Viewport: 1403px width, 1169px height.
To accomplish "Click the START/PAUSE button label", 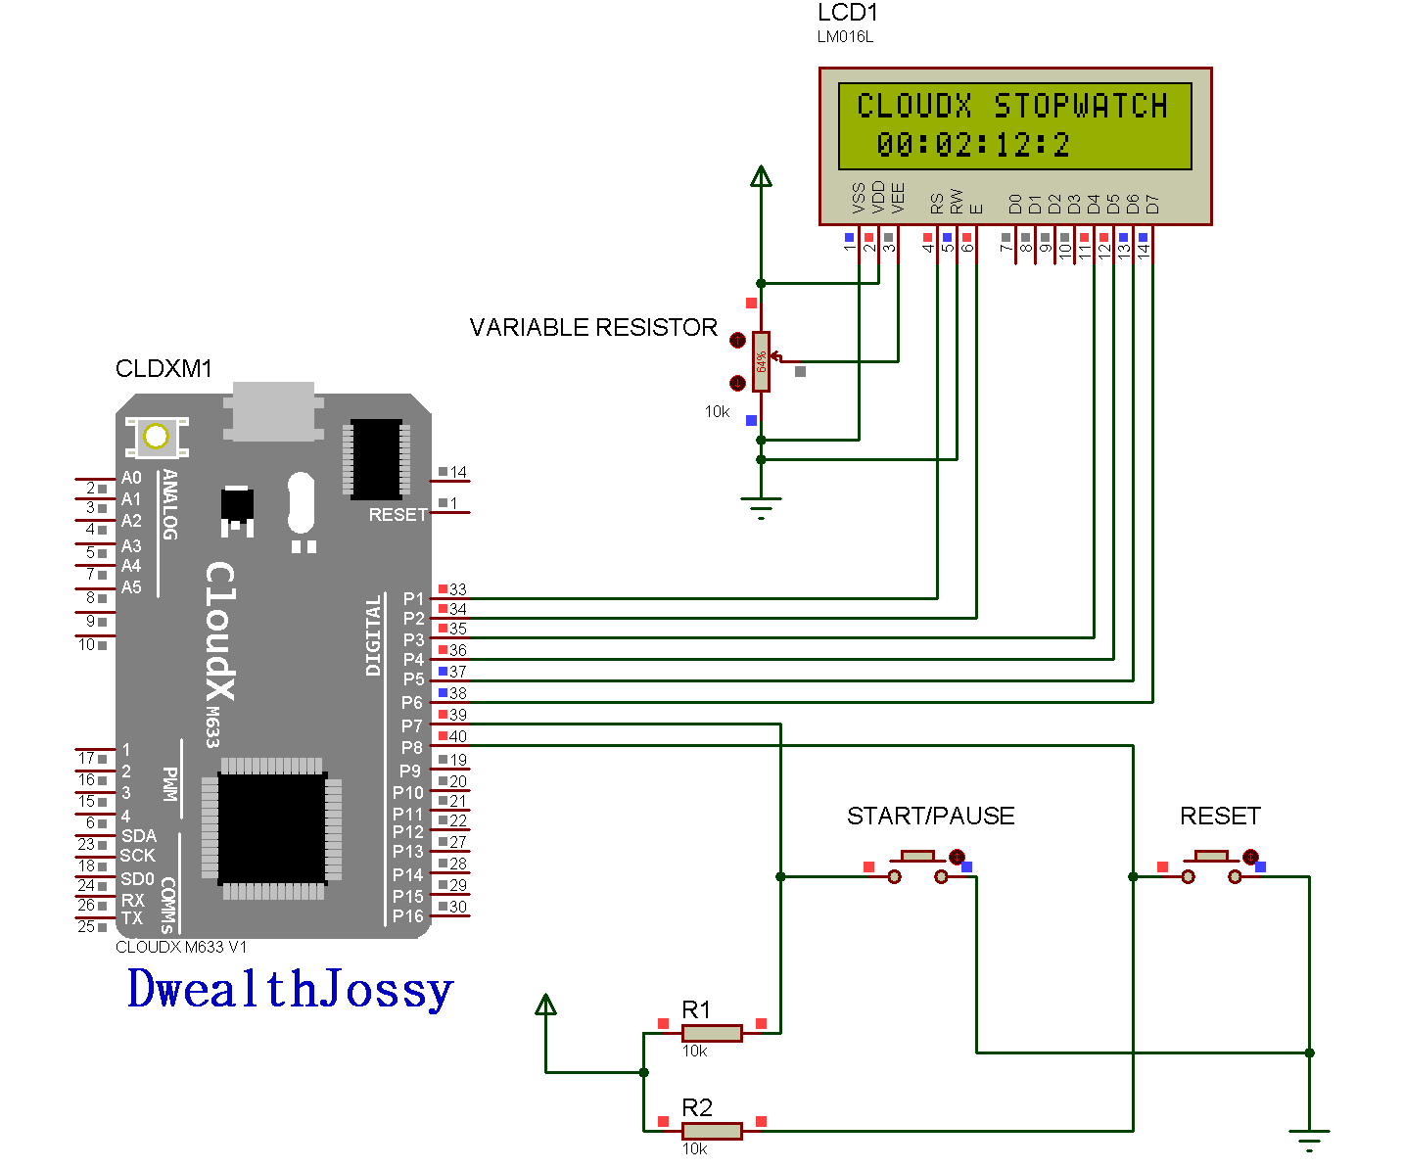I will click(930, 816).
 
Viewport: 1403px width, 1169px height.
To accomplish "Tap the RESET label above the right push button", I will click(1219, 816).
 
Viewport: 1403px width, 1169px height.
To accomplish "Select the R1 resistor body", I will click(712, 1033).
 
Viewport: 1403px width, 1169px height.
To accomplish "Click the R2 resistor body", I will click(712, 1131).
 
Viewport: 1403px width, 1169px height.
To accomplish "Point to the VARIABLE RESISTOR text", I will click(593, 327).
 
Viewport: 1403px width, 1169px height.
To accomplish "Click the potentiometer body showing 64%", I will click(761, 361).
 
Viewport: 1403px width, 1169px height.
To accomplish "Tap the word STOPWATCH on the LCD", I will click(1081, 106).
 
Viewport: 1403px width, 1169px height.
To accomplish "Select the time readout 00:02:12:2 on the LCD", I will click(973, 145).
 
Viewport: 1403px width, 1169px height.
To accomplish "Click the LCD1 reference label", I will click(848, 14).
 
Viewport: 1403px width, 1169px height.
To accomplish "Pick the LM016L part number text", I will click(845, 37).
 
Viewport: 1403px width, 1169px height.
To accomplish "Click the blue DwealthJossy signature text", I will click(291, 989).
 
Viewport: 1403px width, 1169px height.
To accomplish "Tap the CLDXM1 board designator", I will click(164, 369).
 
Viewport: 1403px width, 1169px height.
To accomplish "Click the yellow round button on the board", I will click(156, 437).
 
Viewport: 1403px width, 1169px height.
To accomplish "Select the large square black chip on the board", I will click(271, 828).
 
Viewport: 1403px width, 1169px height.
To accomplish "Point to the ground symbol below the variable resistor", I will click(761, 507).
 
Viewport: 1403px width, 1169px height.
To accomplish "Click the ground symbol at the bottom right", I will click(1309, 1140).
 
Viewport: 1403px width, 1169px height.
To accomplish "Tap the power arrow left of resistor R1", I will click(545, 1005).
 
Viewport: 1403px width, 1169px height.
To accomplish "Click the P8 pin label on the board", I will click(411, 748).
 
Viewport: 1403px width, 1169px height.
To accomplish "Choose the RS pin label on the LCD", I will click(937, 203).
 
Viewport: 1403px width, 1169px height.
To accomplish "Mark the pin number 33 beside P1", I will click(457, 589).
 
